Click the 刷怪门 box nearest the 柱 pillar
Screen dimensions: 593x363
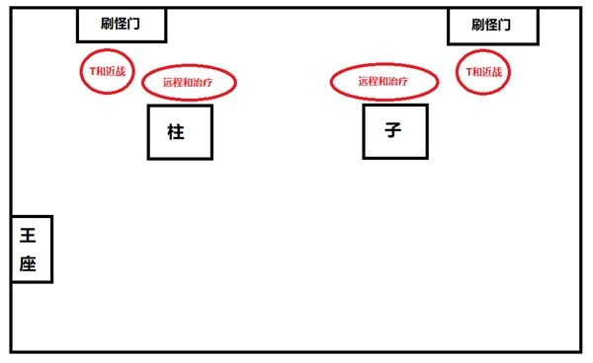122,25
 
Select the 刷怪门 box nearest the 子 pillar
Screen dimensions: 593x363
492,25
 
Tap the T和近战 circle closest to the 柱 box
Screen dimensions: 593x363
105,71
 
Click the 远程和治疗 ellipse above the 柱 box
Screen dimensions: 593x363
190,83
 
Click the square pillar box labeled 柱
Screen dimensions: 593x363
180,132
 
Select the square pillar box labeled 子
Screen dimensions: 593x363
395,130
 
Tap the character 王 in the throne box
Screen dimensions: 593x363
29,235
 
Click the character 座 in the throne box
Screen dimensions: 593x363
29,263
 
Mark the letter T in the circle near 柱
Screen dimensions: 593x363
91,71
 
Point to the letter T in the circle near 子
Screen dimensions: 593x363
469,72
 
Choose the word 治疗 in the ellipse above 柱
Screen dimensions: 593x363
207,83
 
